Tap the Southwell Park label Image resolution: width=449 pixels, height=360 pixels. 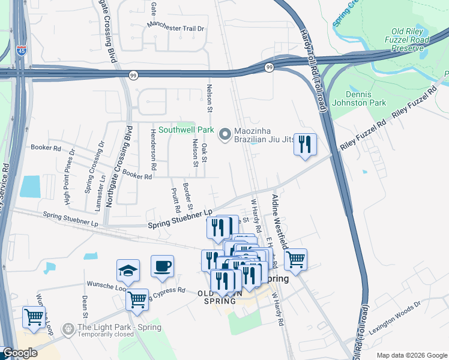click(186, 129)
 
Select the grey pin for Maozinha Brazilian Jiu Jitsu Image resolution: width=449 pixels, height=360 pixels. click(226, 135)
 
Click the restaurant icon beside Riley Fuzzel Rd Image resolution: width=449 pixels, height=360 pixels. click(305, 145)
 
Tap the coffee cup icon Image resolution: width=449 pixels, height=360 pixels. click(162, 266)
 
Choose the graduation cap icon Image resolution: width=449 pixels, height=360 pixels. click(128, 271)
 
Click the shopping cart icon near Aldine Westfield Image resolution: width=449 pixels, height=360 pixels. click(295, 260)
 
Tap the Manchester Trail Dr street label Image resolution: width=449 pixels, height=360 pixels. click(177, 28)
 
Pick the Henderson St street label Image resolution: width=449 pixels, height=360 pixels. click(154, 148)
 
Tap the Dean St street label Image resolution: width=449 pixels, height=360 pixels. click(85, 306)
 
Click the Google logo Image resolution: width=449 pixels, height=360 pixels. click(20, 353)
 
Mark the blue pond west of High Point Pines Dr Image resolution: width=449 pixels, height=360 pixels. click(30, 187)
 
